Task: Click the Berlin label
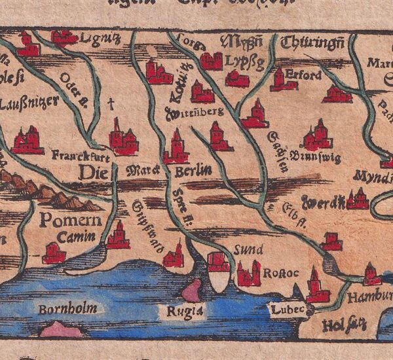[193, 171]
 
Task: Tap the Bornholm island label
[67, 308]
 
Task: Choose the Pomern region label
[70, 220]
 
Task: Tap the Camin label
[71, 238]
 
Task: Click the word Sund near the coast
[249, 250]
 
